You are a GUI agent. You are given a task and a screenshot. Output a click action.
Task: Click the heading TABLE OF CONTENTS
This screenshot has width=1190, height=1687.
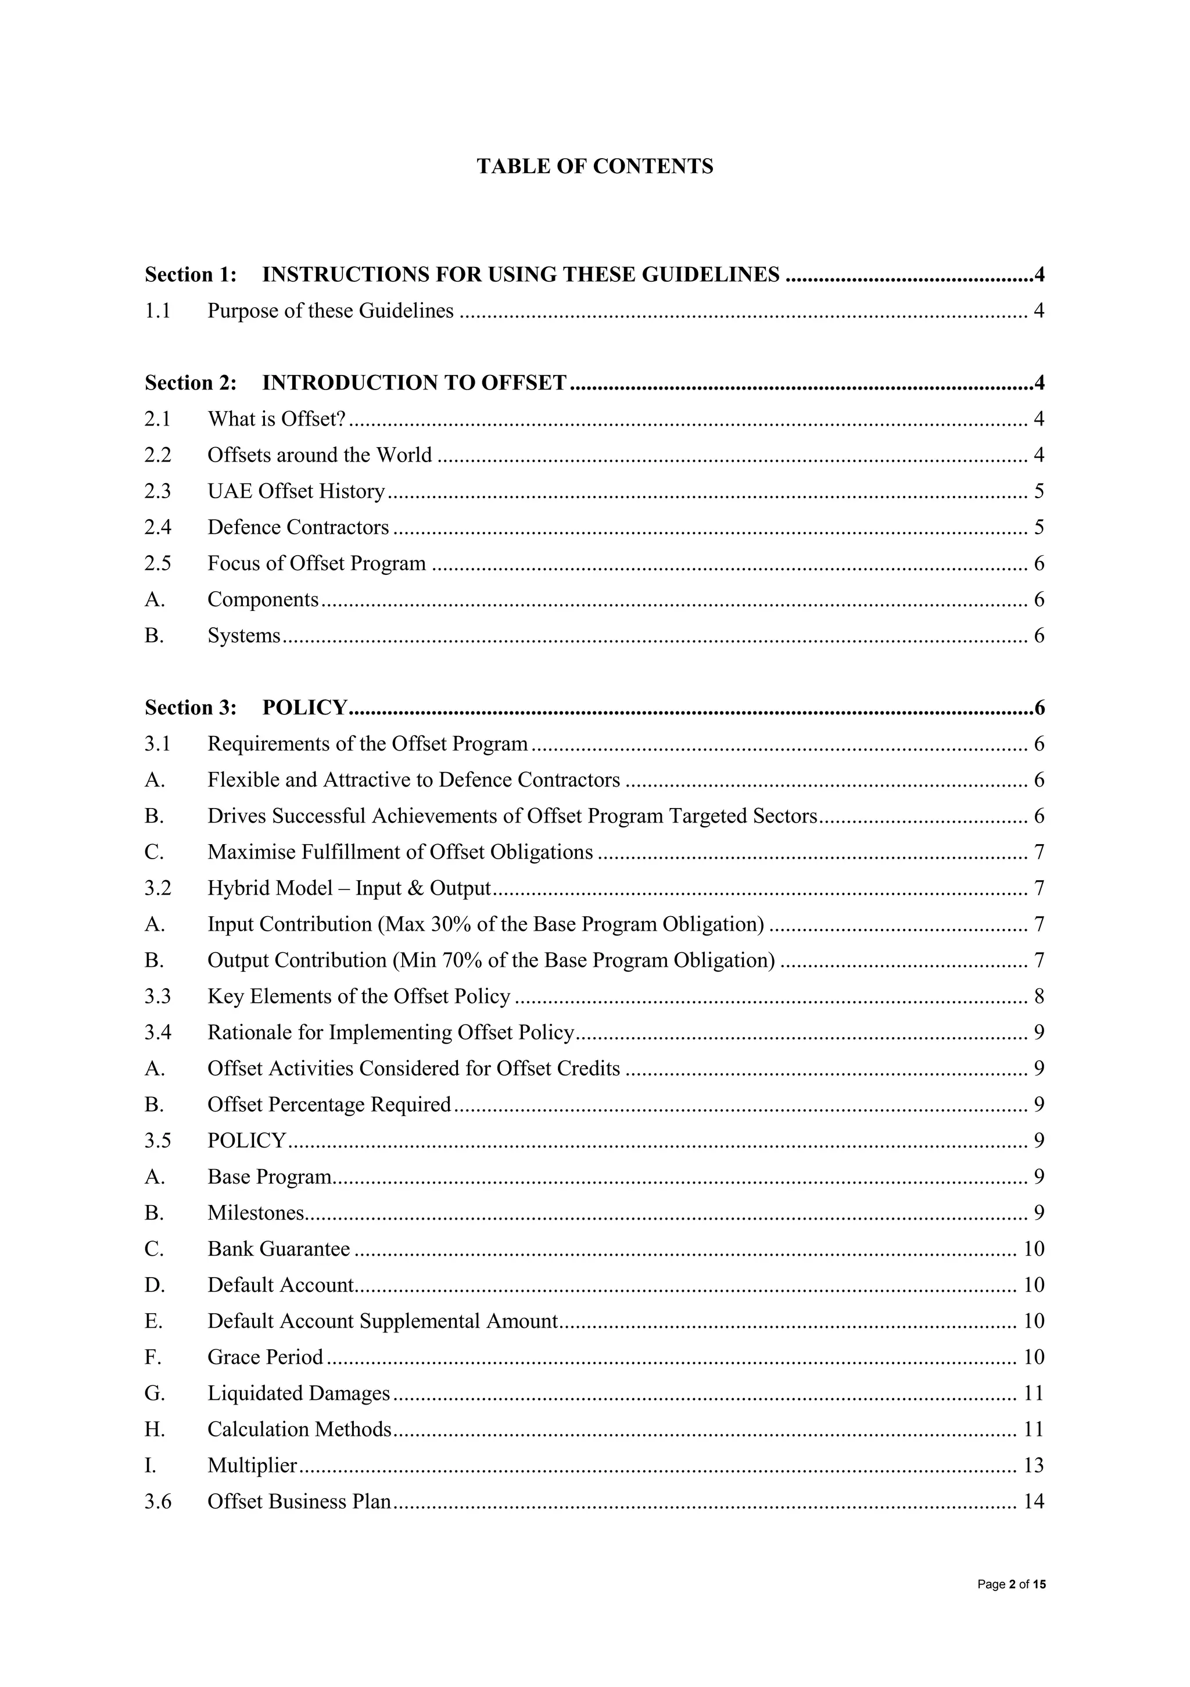(x=594, y=167)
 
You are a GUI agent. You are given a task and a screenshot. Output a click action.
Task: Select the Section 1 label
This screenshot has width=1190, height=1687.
(x=190, y=275)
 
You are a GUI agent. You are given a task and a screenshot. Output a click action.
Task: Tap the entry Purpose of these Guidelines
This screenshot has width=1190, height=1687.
(x=330, y=311)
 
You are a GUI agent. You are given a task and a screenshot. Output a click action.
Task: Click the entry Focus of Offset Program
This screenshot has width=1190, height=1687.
(x=317, y=563)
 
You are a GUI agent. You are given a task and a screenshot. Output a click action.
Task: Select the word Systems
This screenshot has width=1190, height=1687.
(x=244, y=635)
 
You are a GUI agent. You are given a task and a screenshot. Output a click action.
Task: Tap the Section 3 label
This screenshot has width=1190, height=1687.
(x=190, y=707)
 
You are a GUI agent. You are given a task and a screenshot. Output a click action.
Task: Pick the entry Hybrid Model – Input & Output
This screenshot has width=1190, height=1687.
(x=349, y=888)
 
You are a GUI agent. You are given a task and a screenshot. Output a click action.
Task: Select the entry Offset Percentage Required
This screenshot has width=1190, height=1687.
(x=329, y=1105)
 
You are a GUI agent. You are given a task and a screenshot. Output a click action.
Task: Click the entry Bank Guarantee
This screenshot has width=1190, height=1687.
(x=278, y=1249)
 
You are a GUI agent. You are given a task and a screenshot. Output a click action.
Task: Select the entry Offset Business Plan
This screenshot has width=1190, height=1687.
(x=299, y=1501)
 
